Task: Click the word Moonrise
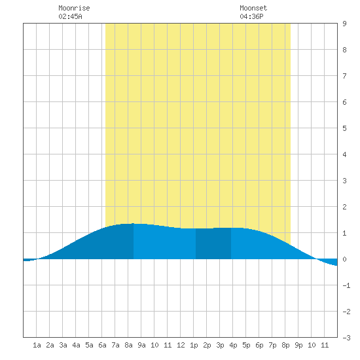point(74,8)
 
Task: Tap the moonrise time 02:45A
point(70,16)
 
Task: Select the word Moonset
point(253,8)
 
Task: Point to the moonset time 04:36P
point(251,16)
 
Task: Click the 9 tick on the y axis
point(344,24)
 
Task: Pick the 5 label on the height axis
point(344,128)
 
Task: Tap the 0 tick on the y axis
point(344,259)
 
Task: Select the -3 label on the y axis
point(346,338)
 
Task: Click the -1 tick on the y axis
point(346,285)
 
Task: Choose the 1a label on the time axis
point(37,345)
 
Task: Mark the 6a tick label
point(102,345)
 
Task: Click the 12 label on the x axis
point(181,345)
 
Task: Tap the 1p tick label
point(194,345)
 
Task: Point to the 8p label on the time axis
point(285,345)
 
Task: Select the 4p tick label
point(233,345)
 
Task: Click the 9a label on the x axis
point(141,345)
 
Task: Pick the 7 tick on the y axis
point(344,76)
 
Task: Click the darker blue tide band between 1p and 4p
point(213,243)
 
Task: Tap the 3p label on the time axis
point(220,345)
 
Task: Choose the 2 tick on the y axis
point(344,207)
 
